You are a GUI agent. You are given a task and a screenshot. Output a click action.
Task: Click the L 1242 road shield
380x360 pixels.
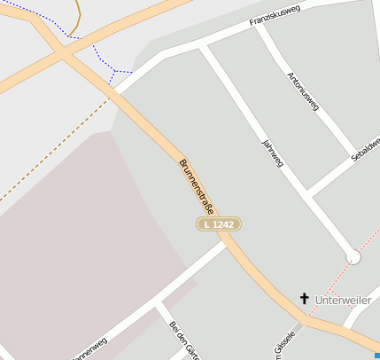pyautogui.click(x=218, y=224)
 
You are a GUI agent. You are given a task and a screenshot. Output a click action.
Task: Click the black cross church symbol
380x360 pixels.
pyautogui.click(x=305, y=300)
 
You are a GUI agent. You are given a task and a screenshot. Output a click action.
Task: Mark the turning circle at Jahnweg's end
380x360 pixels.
pyautogui.click(x=353, y=256)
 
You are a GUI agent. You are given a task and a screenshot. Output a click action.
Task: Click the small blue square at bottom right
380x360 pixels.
pyautogui.click(x=376, y=356)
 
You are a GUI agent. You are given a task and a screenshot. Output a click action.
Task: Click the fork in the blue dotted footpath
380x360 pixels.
pyautogui.click(x=115, y=71)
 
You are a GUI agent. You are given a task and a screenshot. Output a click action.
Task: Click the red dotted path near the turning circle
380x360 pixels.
pyautogui.click(x=337, y=285)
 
